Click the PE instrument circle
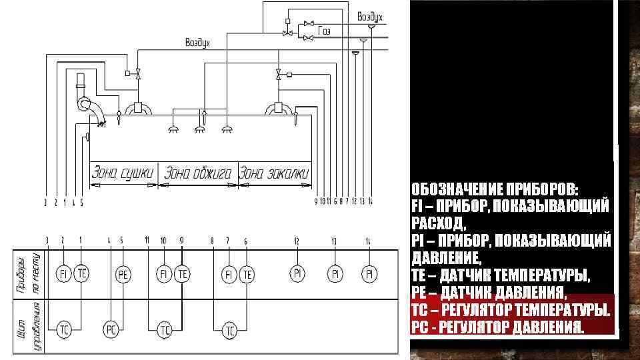point(123,274)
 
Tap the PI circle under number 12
point(297,273)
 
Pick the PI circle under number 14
point(369,273)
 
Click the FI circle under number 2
point(63,273)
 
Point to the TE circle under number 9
point(182,273)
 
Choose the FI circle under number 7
point(229,273)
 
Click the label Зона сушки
point(123,173)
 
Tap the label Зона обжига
point(198,173)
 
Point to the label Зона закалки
point(275,173)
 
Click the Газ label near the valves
point(325,31)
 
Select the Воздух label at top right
point(369,15)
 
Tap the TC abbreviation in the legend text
point(419,311)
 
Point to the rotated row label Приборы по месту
point(29,273)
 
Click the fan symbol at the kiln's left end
point(87,105)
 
